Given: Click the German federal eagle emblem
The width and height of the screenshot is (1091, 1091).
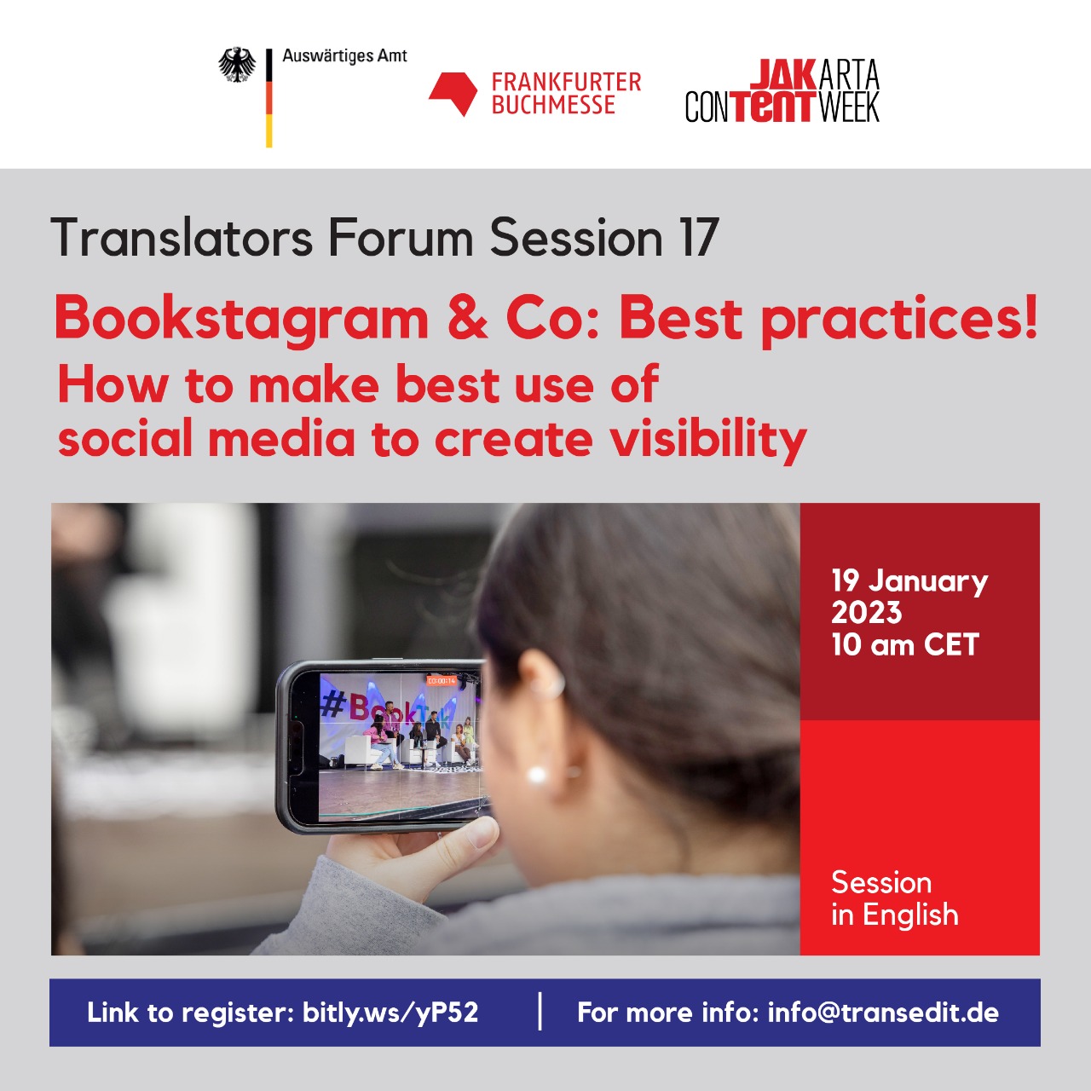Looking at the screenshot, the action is [x=237, y=65].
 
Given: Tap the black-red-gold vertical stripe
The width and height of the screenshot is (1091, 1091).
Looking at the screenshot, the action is [x=269, y=98].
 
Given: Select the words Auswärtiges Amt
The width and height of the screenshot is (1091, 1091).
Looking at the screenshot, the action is [x=344, y=56].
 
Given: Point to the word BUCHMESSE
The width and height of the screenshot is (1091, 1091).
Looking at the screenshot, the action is [x=553, y=105].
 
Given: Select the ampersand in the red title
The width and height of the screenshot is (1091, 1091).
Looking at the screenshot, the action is [x=467, y=318].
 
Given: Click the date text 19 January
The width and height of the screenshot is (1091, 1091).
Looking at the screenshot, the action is [x=909, y=581].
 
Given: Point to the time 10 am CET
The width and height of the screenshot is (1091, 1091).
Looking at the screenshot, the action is [x=904, y=644].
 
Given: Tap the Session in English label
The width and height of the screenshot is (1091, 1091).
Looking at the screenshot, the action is [x=895, y=898].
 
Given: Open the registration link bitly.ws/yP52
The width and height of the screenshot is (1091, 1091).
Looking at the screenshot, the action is [x=390, y=1012].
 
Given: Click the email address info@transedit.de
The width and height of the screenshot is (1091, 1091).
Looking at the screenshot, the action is [x=883, y=1012].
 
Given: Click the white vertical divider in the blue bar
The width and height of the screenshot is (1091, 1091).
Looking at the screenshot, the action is [x=540, y=1011].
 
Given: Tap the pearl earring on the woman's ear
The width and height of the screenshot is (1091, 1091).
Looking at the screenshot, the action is [x=535, y=774].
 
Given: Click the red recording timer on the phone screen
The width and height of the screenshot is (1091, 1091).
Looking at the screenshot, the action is [x=441, y=680].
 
